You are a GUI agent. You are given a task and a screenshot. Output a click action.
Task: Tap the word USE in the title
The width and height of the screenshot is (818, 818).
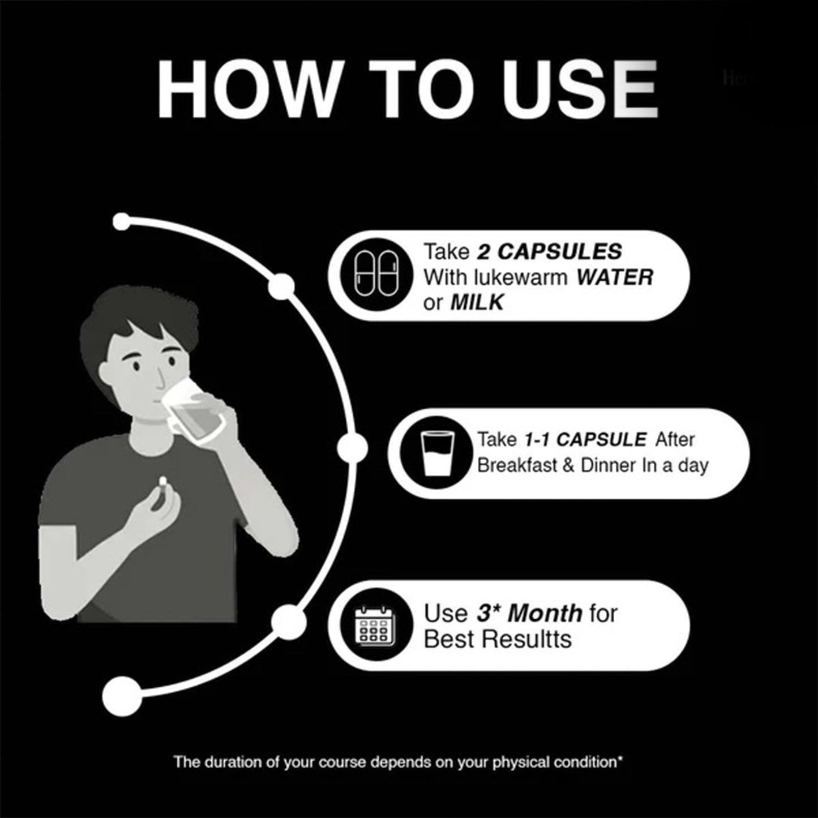pos(580,89)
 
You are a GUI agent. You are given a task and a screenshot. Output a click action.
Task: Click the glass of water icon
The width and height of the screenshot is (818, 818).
pos(437,453)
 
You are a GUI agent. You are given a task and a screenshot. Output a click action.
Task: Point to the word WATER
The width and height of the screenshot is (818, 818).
pos(614,277)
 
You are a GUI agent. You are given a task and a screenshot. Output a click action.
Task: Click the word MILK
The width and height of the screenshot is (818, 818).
pos(477,303)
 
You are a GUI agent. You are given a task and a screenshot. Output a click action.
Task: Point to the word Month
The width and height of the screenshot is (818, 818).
pos(545,614)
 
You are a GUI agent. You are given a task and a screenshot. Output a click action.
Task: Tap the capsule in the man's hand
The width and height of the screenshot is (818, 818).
pos(162,482)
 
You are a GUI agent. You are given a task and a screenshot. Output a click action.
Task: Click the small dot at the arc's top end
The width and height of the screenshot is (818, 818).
pos(122,221)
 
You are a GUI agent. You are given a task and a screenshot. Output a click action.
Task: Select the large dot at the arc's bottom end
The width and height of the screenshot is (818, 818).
pos(122,697)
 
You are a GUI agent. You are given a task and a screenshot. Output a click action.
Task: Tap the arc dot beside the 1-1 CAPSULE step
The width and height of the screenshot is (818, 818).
pos(352,447)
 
